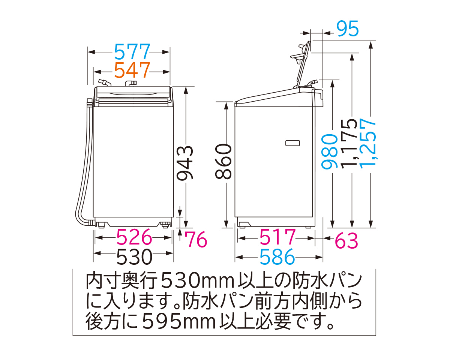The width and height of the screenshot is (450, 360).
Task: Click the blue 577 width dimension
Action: pos(132,52)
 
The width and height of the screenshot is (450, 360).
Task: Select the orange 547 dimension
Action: pos(132,70)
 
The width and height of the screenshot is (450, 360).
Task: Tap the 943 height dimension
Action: pos(185,163)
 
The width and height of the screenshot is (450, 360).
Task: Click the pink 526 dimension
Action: pos(134,237)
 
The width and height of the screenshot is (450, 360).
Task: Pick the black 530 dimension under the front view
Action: pos(134,256)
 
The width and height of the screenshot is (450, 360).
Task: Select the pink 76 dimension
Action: pos(196,240)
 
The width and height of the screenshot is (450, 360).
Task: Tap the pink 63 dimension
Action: pos(346,240)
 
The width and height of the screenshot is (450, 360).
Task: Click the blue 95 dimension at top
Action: pos(347,29)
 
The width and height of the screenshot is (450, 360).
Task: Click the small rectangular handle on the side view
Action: pos(292,143)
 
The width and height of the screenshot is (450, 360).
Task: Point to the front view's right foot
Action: pos(165,225)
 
